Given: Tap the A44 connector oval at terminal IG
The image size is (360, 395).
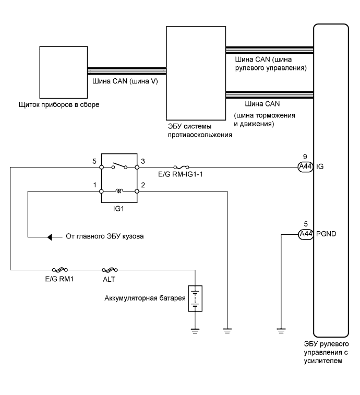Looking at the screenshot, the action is point(305,167).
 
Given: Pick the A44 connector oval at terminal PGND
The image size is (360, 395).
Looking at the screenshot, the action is point(306,234).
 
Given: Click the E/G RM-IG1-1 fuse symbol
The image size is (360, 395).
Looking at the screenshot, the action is point(181,167).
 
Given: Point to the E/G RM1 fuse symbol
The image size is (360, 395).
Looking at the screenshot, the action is point(59,270).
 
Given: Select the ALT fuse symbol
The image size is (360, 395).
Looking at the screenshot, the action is point(110,270).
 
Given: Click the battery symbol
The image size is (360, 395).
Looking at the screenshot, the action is point(195,298).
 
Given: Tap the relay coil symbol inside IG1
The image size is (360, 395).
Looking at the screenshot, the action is point(119,191).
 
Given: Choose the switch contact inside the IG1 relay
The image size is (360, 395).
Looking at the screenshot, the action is point(119,166).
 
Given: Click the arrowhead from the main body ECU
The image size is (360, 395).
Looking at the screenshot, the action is point(50,237).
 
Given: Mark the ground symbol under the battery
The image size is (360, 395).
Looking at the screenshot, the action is point(195,331).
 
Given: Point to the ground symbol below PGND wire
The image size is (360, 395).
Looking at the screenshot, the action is point(281,331).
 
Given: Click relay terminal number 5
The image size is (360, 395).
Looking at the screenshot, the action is point(94,161).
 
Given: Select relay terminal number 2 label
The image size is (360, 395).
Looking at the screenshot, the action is point(143,185).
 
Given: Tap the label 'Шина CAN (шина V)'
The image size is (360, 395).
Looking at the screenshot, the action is point(125,81).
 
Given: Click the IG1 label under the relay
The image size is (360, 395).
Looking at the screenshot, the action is point(118,209).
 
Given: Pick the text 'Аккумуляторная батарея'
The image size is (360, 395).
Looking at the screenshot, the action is point(145,298).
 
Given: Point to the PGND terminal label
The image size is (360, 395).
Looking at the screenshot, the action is point(326,234).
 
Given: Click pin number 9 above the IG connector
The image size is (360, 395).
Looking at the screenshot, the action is point(305,157).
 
